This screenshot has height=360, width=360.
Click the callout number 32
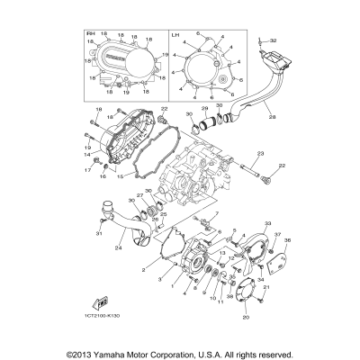[274, 40]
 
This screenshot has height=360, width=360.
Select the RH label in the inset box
[90, 33]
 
